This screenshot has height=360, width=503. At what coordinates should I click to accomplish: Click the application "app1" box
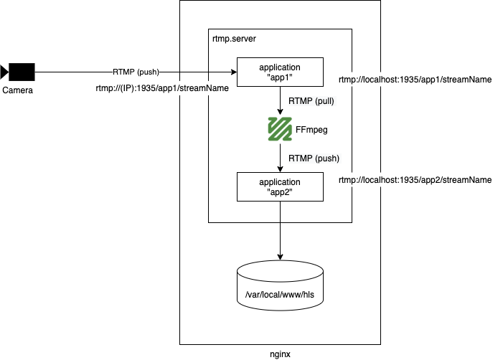[280, 72]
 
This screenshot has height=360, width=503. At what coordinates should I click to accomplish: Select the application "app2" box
[280, 187]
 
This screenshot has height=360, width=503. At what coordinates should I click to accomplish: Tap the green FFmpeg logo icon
[279, 129]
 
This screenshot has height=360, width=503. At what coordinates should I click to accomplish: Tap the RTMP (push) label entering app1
[136, 72]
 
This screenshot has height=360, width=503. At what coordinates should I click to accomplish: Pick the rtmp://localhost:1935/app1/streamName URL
[415, 80]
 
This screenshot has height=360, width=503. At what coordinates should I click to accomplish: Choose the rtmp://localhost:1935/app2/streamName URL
[415, 180]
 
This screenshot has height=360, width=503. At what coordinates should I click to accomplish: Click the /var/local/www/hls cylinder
[280, 283]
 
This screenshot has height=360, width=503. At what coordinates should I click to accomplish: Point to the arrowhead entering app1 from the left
[233, 72]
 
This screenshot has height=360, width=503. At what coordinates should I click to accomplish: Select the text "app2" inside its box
[280, 192]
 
